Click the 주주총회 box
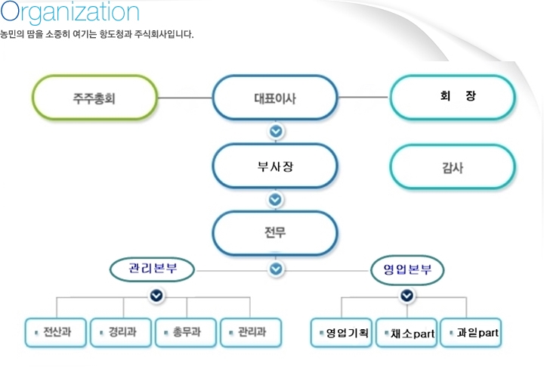[x=94, y=98]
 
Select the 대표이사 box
[x=275, y=98]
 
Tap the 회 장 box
[x=453, y=98]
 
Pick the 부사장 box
[x=275, y=166]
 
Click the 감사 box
[x=453, y=166]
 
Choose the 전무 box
[x=275, y=233]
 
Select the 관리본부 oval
[x=153, y=269]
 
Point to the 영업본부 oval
[x=407, y=270]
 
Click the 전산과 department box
[x=55, y=333]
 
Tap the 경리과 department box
[x=121, y=333]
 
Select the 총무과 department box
[x=186, y=333]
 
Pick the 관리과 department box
[x=251, y=333]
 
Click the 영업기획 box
[x=342, y=333]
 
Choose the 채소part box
[x=406, y=333]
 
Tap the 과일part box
[x=471, y=333]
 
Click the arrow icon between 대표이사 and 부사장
[x=276, y=132]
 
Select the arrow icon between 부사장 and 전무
[x=275, y=200]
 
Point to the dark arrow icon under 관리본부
[x=156, y=296]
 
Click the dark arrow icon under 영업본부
[x=407, y=296]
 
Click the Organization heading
[x=70, y=12]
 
